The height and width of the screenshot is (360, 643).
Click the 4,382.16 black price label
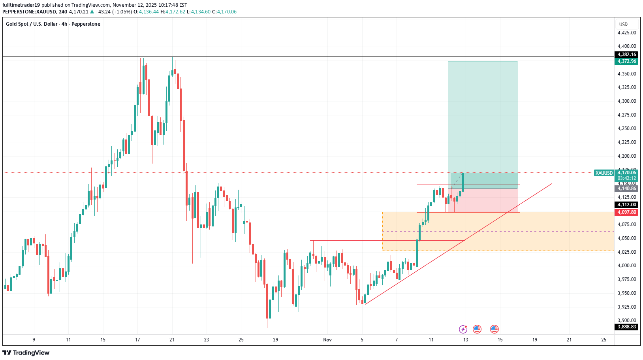point(627,55)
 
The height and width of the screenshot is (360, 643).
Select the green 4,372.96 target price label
point(627,61)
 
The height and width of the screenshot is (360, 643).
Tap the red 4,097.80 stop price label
point(627,212)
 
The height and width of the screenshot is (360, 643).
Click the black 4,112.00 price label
point(627,205)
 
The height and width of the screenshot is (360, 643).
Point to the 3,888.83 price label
point(627,327)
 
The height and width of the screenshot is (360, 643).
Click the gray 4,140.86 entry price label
point(627,188)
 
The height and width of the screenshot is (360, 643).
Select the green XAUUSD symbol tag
point(604,173)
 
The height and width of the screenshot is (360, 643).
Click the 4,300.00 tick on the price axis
point(627,101)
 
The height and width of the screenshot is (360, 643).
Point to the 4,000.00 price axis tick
point(627,266)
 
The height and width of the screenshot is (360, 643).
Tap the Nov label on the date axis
point(327,340)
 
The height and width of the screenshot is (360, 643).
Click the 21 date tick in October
point(172,340)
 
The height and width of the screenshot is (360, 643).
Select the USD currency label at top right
point(623,25)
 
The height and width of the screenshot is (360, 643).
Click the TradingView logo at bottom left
point(26,352)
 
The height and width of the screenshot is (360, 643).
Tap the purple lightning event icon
point(463,329)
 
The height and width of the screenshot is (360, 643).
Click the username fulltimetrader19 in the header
point(21,5)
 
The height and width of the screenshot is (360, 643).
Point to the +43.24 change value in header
point(103,12)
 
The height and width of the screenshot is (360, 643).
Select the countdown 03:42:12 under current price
point(627,178)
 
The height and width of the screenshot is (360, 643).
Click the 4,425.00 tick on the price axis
point(627,33)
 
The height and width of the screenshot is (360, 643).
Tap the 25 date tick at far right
point(604,340)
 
